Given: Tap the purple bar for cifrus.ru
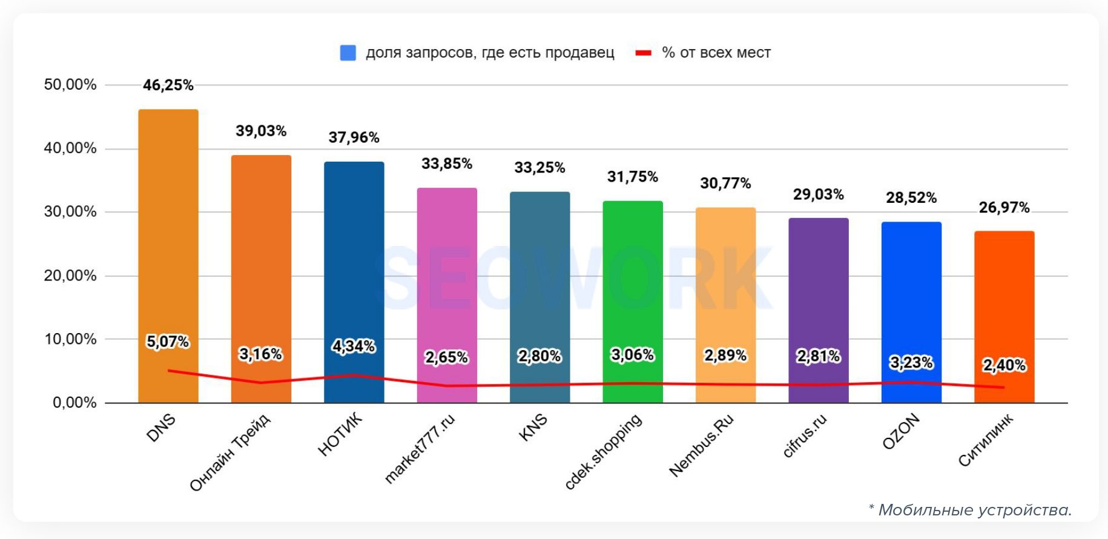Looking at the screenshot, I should tap(819, 291).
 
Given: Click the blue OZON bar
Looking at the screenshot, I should tap(911, 291).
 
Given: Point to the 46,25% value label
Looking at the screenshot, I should tap(168, 85).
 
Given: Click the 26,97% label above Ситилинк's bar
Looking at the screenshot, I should tap(1004, 208).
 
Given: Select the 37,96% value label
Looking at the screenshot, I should tap(354, 137).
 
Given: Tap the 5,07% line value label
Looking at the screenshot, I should tap(168, 342).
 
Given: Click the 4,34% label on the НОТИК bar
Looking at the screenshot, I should tap(354, 346).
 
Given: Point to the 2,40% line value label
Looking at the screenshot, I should tap(1004, 365).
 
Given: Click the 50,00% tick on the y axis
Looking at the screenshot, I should tap(70, 85).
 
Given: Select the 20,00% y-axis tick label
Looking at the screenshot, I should tap(70, 276).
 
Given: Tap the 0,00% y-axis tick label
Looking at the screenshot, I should tap(74, 403).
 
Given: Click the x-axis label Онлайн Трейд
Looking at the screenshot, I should tap(230, 453).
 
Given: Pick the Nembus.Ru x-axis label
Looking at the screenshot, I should tap(701, 446).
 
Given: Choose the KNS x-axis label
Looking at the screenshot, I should tap(533, 428).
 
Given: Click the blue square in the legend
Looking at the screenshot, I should tap(348, 53).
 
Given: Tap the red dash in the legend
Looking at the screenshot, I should tap(643, 53).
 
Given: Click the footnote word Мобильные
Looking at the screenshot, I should tap(920, 510).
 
